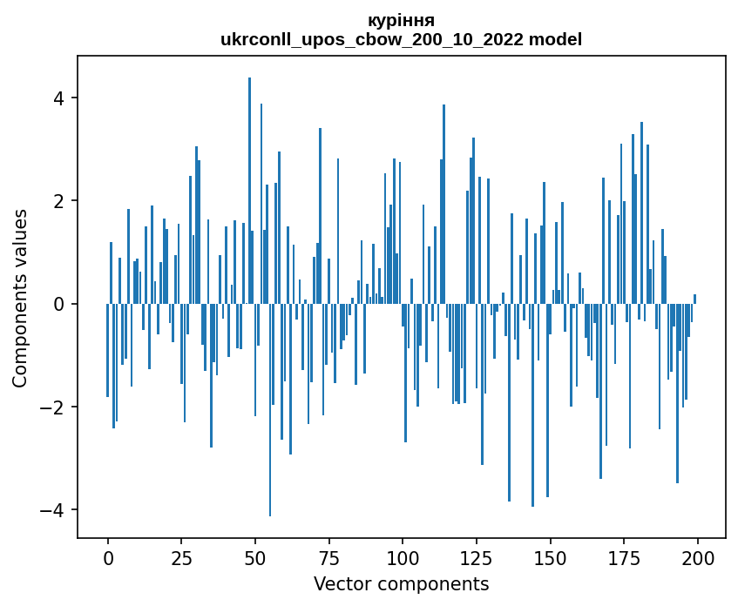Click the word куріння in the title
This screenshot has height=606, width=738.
(x=402, y=20)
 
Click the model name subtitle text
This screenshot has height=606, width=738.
(x=402, y=39)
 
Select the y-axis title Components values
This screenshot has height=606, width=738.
(x=20, y=298)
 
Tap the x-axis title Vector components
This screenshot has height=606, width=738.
(x=401, y=583)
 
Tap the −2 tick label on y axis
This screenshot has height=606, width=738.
(x=55, y=407)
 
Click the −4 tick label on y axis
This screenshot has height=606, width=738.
(x=55, y=509)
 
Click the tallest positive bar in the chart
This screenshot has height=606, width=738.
(x=249, y=191)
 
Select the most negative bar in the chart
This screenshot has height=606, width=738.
(x=270, y=409)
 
